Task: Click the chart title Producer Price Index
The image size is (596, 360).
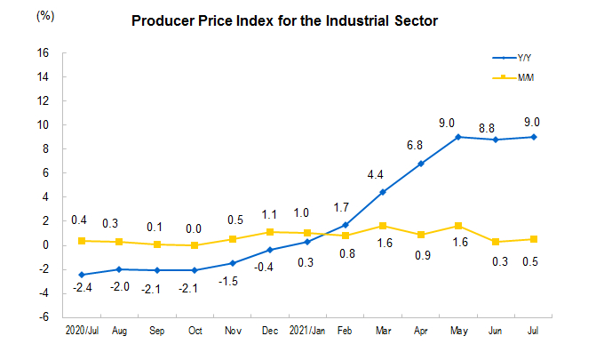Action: pos(284,20)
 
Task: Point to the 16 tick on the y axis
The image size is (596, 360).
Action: pos(42,52)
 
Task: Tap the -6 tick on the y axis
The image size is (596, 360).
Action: pos(44,317)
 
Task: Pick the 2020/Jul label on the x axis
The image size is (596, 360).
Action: pos(83,330)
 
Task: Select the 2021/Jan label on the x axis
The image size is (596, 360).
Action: pos(307,330)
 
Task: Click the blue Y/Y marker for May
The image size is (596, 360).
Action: pos(458,137)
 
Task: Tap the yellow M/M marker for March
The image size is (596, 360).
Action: pos(383,226)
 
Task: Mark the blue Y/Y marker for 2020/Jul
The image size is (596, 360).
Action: pos(82,275)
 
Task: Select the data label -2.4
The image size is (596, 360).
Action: pos(82,288)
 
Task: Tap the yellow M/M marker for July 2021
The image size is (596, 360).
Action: pos(534,239)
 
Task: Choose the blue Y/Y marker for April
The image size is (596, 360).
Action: pos(420,164)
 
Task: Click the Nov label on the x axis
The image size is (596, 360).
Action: pos(233,330)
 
